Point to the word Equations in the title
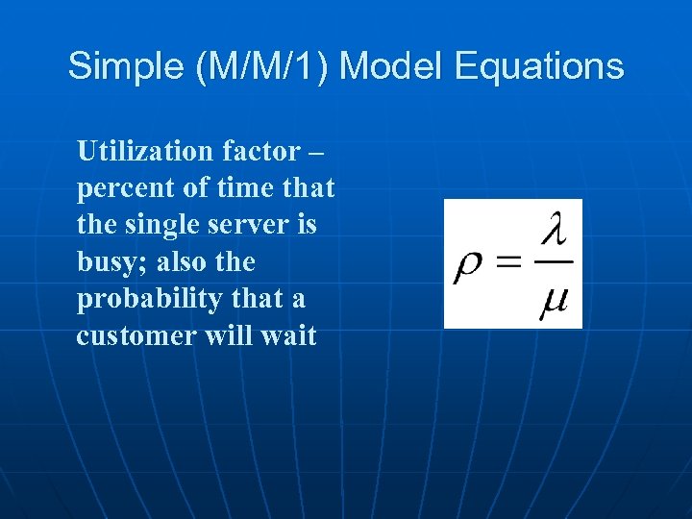tap(540, 67)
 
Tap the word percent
tap(123, 188)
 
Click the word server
tap(260, 225)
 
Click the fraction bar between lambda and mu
tap(555, 264)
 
